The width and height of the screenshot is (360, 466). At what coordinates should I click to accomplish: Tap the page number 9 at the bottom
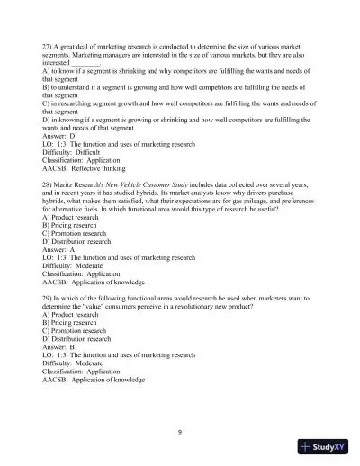180,433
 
